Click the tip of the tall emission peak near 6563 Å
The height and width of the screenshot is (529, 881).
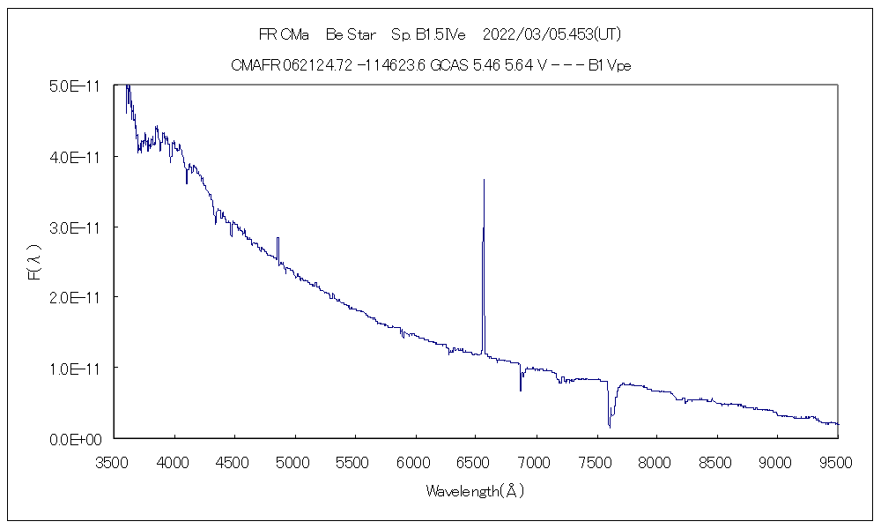[484, 180]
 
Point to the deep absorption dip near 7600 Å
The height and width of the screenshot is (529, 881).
[610, 426]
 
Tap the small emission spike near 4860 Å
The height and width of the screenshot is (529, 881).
[278, 239]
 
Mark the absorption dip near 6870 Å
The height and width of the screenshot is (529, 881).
[521, 389]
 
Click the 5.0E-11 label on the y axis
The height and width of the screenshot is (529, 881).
[77, 86]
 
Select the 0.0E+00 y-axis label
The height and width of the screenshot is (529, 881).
[78, 438]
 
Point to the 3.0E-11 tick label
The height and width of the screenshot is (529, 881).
[77, 227]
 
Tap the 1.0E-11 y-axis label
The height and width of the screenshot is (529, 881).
[77, 368]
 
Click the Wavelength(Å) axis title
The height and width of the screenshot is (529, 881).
[476, 491]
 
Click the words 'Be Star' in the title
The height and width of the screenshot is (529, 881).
[350, 34]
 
